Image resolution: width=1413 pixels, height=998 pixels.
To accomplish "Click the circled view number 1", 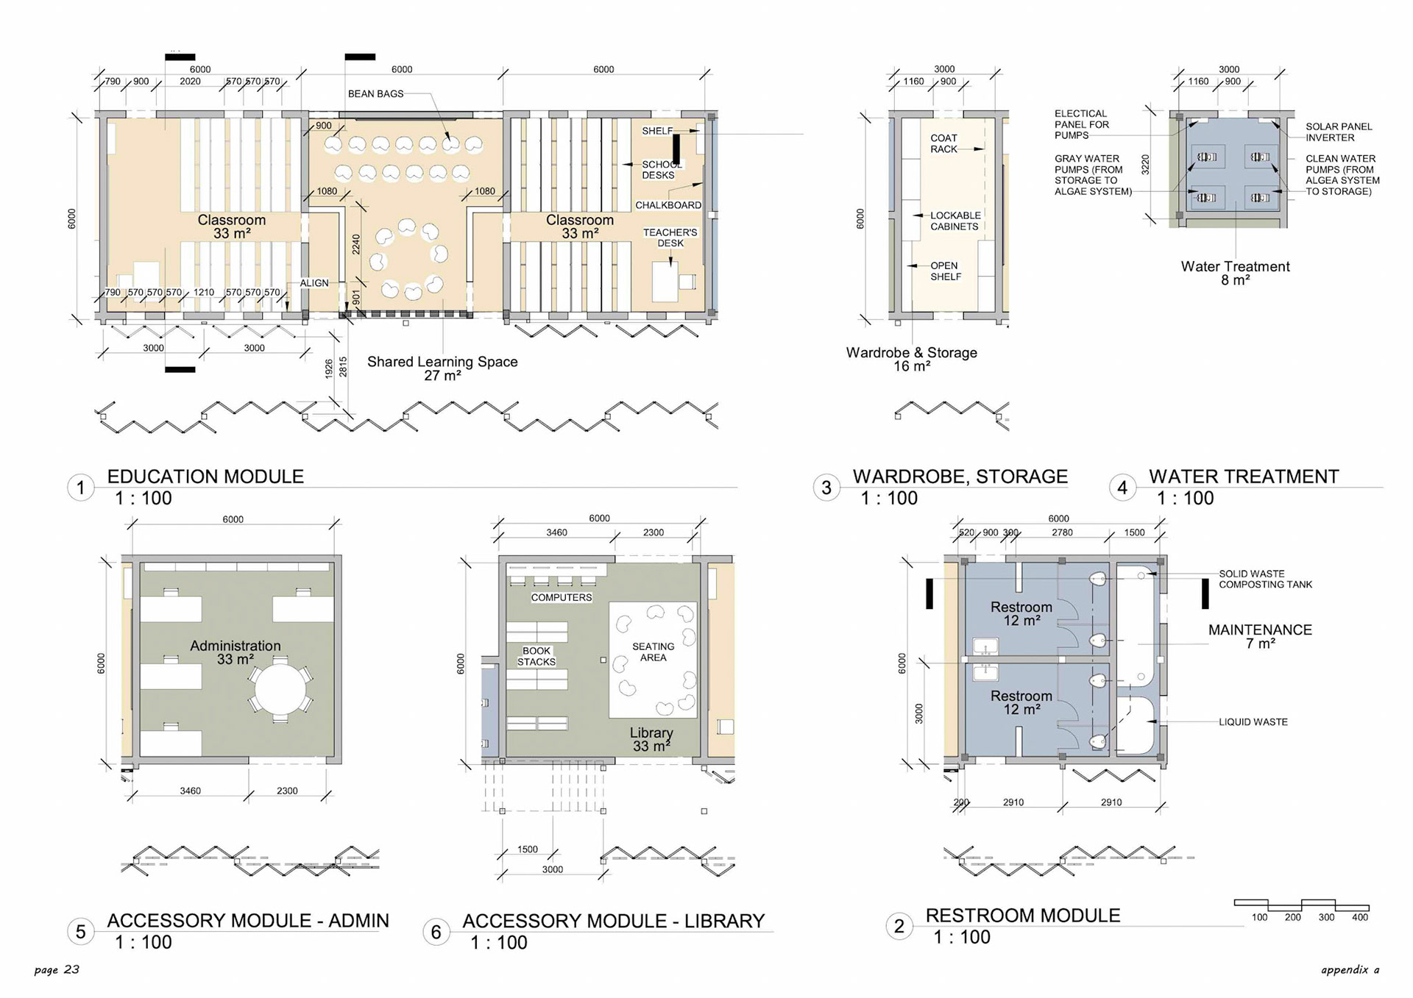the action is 81,488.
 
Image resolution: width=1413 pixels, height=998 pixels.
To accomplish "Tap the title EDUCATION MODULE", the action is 205,477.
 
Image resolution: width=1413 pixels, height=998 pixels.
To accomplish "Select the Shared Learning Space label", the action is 442,368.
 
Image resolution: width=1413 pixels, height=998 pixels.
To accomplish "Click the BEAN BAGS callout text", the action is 375,94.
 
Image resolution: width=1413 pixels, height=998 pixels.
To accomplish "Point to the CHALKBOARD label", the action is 668,205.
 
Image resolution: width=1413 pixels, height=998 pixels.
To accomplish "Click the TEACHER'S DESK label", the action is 670,238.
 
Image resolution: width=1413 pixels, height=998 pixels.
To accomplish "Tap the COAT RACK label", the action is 943,143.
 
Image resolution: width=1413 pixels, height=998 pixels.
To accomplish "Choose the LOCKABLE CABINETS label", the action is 955,221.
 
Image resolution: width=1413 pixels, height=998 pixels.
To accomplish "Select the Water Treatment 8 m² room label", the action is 1235,273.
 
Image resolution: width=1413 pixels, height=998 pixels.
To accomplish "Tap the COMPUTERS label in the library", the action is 562,597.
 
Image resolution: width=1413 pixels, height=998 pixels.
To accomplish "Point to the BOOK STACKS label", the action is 536,656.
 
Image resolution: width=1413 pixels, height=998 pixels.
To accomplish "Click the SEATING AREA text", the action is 653,652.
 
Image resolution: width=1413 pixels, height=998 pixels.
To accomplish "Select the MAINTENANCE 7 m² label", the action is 1260,636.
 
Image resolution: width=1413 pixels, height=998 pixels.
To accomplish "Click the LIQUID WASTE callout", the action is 1253,722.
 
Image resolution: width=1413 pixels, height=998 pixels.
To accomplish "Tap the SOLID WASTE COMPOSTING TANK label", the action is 1265,579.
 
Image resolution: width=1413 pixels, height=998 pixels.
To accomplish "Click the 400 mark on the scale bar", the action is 1360,917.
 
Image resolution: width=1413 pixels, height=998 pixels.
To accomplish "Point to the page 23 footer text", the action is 57,970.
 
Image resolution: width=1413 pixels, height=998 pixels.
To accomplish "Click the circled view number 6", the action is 436,933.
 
